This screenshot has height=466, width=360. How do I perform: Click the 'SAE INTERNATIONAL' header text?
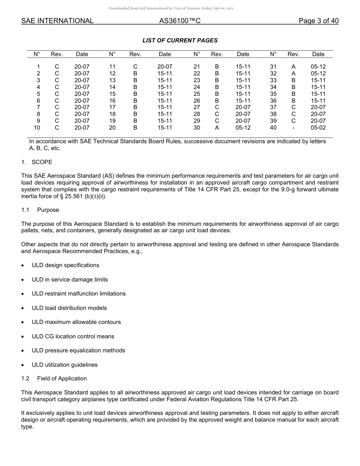point(57,21)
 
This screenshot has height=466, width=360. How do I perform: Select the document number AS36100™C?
point(180,21)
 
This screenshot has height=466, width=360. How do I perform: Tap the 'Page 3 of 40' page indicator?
point(318,21)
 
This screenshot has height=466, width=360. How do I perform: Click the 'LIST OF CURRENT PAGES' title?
point(180,41)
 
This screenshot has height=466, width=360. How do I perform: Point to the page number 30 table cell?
point(197,128)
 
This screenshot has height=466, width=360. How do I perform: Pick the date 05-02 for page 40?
point(318,128)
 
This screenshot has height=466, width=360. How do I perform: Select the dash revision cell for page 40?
point(293,128)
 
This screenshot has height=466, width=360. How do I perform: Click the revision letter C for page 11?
point(135,67)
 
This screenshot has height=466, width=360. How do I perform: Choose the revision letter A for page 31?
point(293,67)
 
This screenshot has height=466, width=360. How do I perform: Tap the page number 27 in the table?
point(197,107)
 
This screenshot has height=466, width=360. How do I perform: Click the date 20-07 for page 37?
point(318,107)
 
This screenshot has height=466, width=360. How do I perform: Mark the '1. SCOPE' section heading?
point(37,162)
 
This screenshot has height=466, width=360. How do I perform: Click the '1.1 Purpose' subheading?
point(40,210)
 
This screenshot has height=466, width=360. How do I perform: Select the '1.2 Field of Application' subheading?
point(54,378)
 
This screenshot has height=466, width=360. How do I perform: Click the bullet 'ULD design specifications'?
point(65,265)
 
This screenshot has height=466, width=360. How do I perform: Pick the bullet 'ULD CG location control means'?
point(73,336)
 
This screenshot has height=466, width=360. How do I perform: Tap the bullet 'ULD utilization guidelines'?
point(64,365)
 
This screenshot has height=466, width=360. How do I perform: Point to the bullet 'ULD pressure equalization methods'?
point(78,350)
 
